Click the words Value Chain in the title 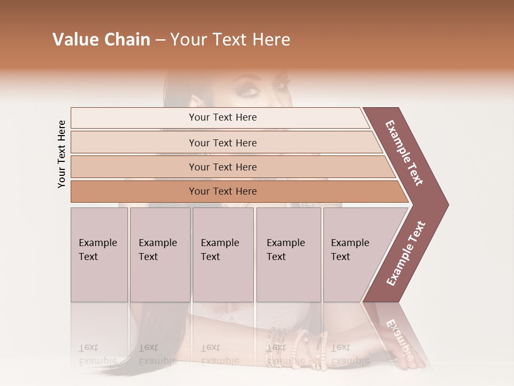pos(101,40)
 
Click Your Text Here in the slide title pos(230,40)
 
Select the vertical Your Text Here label pos(62,154)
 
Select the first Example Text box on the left pos(99,255)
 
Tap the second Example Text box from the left pos(160,255)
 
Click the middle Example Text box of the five pos(223,255)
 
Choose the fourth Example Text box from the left pos(289,255)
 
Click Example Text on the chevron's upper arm pos(405,153)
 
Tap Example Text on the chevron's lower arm pos(406,253)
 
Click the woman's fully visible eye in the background pos(250,91)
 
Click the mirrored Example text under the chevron pos(399,338)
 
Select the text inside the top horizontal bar pos(223,117)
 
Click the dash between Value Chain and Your pos(160,40)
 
